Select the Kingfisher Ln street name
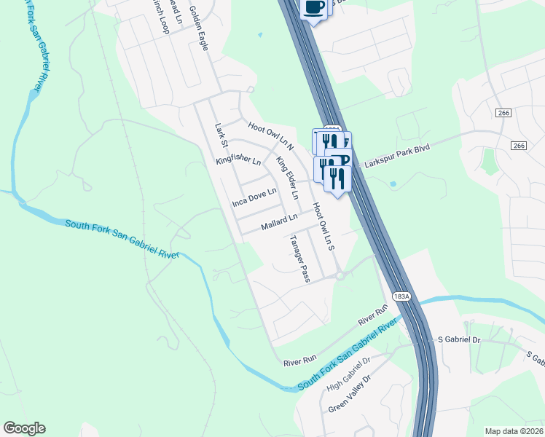pos(238,159)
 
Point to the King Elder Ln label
pos(287,177)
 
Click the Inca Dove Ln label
pos(254,196)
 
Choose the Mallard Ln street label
pos(280,218)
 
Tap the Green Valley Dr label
pos(350,394)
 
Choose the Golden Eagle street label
pos(199,28)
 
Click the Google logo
pos(24,428)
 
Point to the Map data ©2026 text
pos(514,431)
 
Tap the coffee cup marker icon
pos(313,8)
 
